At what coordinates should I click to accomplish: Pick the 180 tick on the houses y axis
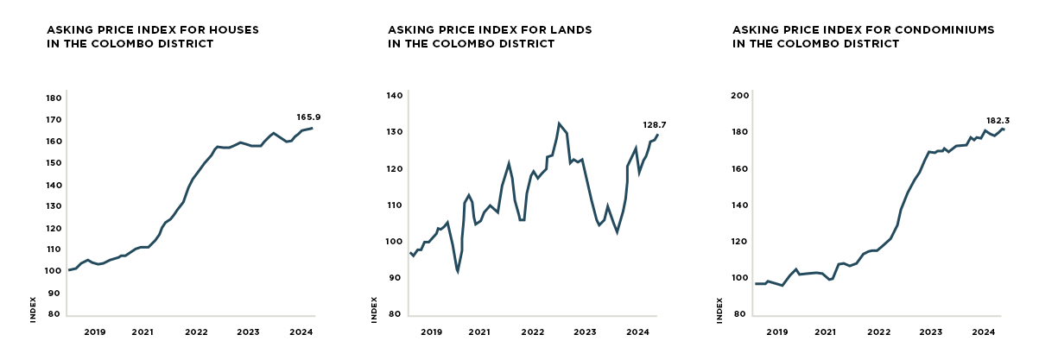point(53,98)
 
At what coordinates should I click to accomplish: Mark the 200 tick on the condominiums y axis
point(738,96)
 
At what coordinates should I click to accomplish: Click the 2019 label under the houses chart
point(94,332)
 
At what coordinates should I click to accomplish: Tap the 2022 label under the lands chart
point(532,332)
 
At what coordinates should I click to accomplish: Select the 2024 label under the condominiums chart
point(983,332)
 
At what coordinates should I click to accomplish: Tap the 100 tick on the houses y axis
point(53,271)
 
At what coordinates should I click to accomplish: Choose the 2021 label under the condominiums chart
point(825,332)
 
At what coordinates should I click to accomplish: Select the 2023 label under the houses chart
point(249,332)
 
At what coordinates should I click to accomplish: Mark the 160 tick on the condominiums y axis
point(738,169)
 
